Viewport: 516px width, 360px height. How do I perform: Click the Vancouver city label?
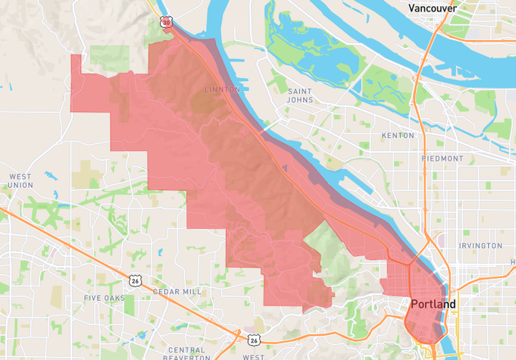[x=432, y=8]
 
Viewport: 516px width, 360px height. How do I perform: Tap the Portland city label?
[x=433, y=304]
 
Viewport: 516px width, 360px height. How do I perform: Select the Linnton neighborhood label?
[x=222, y=89]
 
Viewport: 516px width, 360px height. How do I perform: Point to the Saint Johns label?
[x=300, y=96]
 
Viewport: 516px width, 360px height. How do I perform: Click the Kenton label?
[x=399, y=135]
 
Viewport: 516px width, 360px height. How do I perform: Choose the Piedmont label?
[x=443, y=158]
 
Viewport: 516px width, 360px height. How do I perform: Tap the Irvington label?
[x=480, y=246]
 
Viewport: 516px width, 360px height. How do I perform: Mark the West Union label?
[x=20, y=180]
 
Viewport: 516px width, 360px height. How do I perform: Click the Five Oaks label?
[x=104, y=299]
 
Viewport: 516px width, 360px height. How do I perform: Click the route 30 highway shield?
[x=166, y=23]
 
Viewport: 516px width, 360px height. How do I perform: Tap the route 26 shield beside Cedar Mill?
[x=135, y=280]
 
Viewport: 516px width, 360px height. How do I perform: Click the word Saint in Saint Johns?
[x=300, y=91]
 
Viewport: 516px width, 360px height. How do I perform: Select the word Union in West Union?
[x=20, y=185]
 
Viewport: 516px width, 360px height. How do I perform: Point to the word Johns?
[x=300, y=101]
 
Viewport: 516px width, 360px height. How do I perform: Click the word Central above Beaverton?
[x=188, y=349]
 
